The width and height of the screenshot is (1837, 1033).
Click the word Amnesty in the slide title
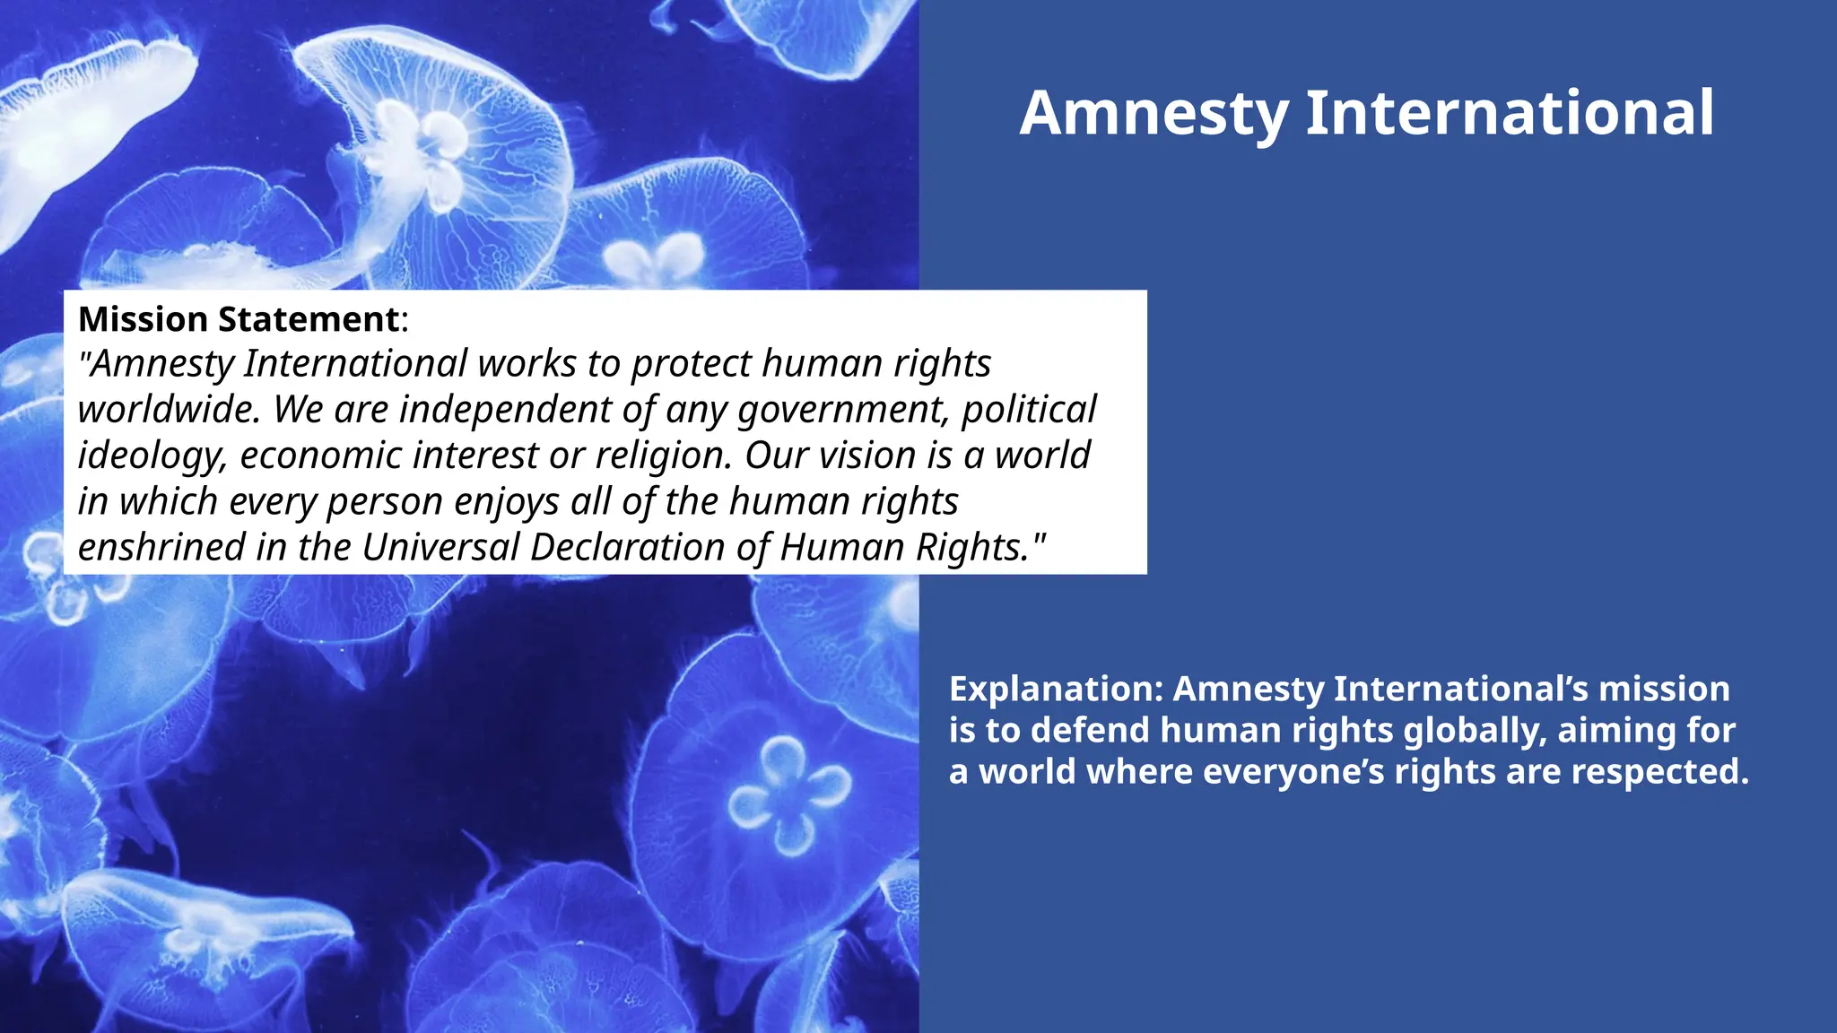click(x=1154, y=114)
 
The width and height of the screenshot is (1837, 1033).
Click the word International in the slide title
click(x=1510, y=113)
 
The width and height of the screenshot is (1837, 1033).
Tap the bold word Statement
click(x=309, y=319)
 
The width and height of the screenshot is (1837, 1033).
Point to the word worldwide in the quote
click(x=169, y=410)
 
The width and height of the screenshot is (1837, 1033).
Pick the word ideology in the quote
click(x=152, y=456)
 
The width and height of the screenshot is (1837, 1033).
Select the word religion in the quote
click(x=663, y=456)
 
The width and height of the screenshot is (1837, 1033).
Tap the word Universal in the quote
click(x=440, y=547)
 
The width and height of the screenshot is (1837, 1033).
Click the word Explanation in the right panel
click(x=1055, y=689)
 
